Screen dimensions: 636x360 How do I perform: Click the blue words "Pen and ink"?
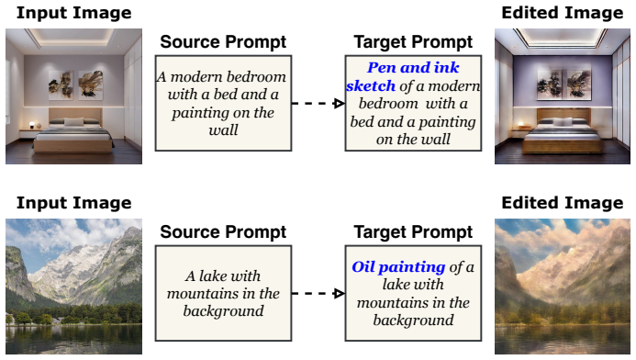pos(413,67)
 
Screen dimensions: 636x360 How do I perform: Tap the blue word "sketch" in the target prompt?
pos(371,85)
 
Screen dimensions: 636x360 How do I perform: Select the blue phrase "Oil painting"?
pos(398,267)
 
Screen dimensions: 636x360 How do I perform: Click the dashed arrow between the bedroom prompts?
pos(318,104)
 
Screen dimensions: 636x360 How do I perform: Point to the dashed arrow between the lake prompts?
pos(318,294)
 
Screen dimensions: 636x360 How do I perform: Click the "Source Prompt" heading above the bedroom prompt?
pos(223,42)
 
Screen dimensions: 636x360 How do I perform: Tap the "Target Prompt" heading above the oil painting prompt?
pos(413,232)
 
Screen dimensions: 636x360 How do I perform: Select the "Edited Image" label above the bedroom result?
pos(563,13)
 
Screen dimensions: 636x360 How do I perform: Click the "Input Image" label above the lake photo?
pos(73,203)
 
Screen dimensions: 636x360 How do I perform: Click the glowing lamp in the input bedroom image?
pos(32,125)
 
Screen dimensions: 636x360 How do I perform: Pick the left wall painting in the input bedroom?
pos(61,84)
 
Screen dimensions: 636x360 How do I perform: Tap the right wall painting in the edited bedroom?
pos(578,84)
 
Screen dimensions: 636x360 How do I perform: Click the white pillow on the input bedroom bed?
pos(73,121)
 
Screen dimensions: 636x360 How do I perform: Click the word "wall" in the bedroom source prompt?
pos(223,130)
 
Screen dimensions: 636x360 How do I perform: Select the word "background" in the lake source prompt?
pos(223,311)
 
